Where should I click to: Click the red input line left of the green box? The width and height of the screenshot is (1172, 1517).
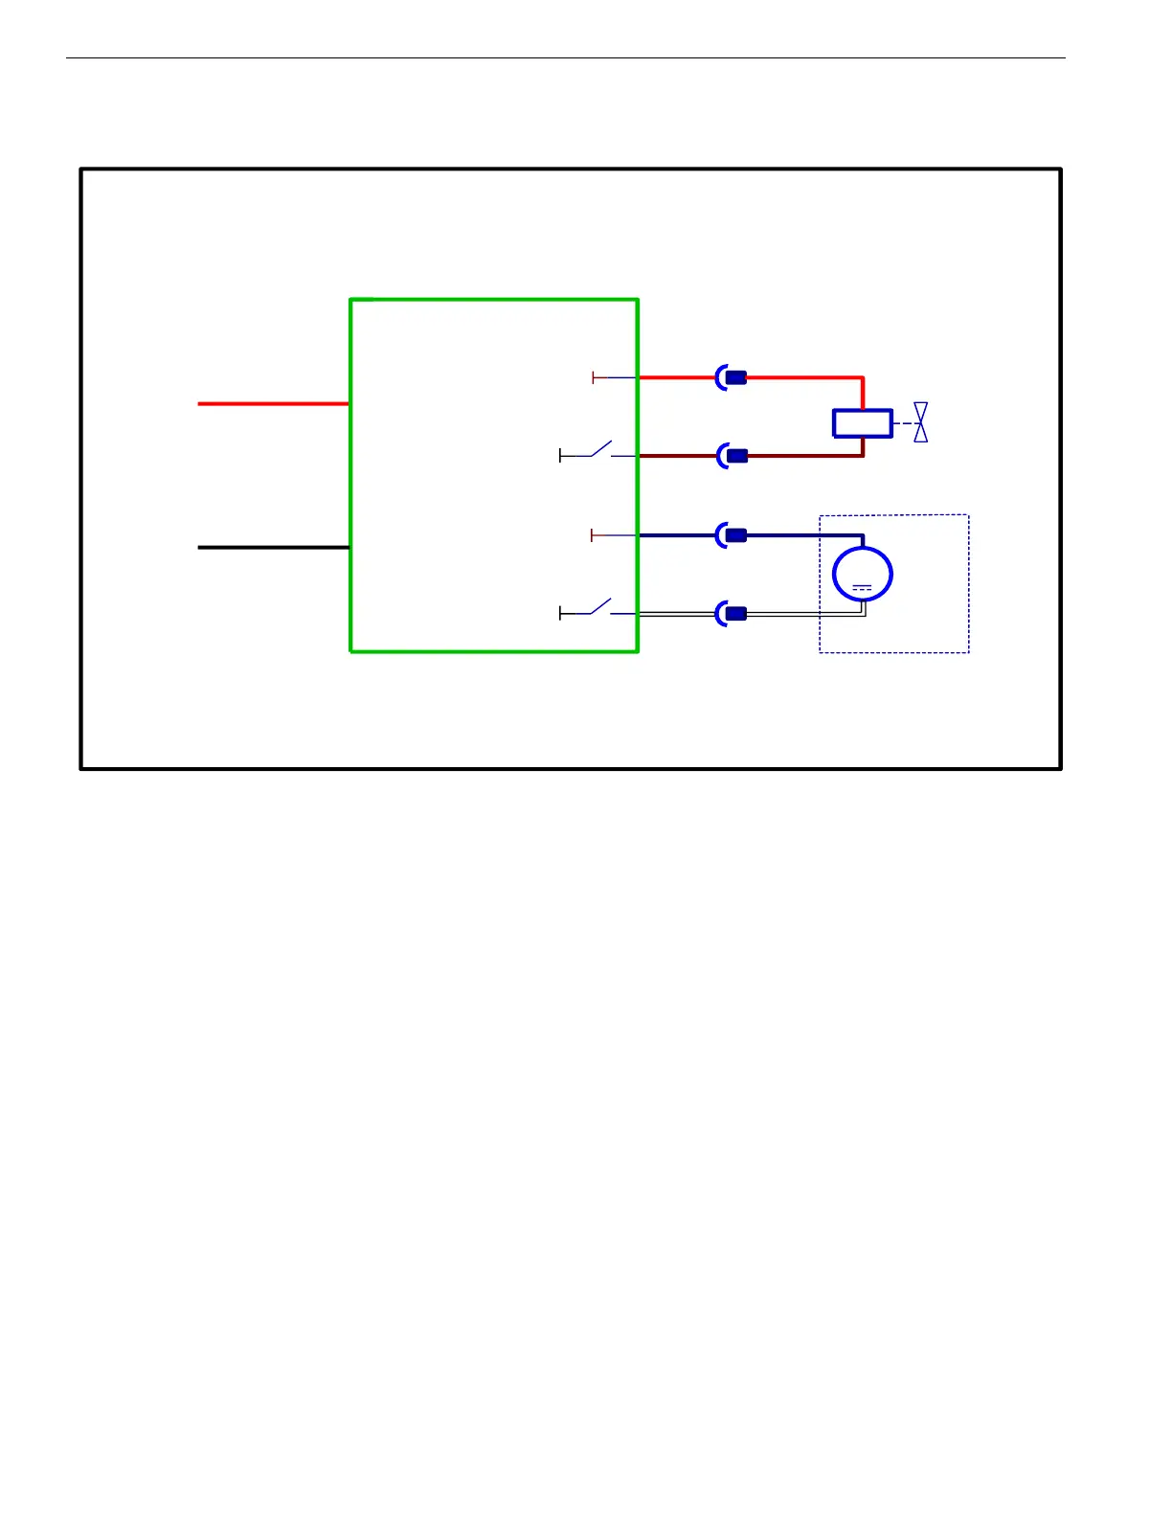click(x=273, y=404)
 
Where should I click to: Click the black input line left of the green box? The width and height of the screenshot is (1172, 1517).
click(x=273, y=547)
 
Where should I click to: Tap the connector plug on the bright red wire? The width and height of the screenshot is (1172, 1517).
click(x=734, y=378)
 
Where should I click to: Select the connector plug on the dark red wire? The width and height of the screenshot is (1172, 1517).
click(x=735, y=456)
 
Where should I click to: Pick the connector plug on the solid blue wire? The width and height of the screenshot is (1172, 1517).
click(x=734, y=535)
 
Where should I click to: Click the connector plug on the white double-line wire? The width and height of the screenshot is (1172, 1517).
click(x=734, y=614)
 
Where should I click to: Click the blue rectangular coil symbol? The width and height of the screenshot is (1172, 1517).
click(x=862, y=423)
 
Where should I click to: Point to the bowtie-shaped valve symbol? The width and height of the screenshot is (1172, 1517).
click(x=920, y=422)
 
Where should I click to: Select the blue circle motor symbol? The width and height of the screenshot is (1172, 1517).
click(x=862, y=573)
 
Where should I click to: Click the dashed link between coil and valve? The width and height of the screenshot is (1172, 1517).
click(x=904, y=423)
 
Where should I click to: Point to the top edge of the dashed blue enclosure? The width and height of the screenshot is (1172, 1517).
click(x=893, y=515)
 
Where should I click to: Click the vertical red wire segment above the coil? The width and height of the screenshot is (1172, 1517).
click(x=863, y=394)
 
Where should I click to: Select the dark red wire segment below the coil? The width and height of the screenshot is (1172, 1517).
click(x=863, y=446)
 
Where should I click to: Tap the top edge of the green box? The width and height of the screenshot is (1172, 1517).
click(x=493, y=300)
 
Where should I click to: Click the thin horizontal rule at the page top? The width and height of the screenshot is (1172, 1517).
click(x=565, y=58)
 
